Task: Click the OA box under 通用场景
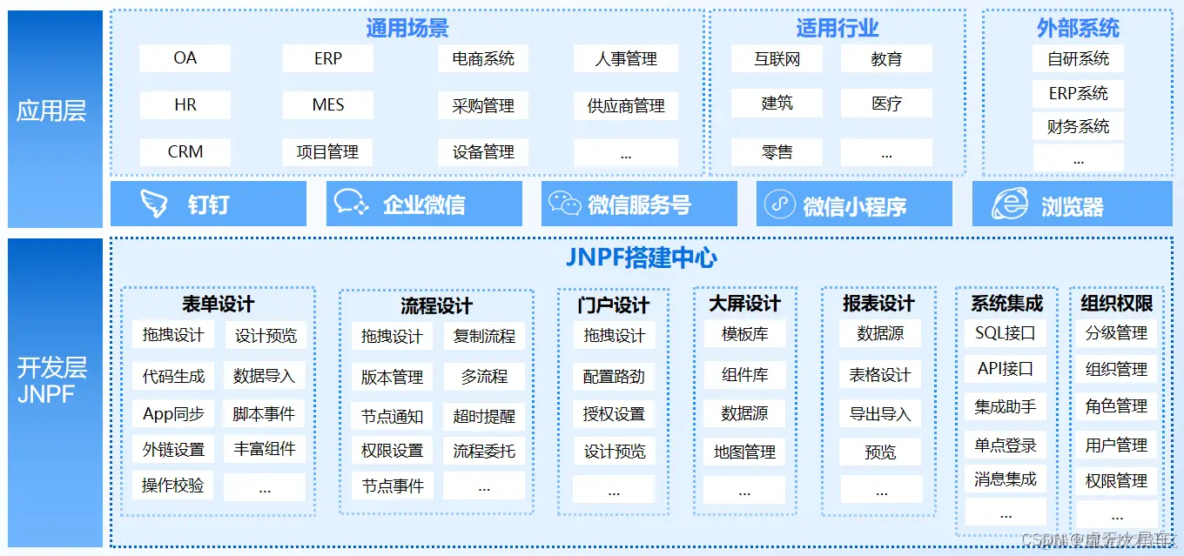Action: tap(185, 58)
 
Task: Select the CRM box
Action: tap(185, 151)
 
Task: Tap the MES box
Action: tap(327, 105)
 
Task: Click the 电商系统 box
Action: tap(483, 59)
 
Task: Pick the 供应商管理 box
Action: tap(625, 106)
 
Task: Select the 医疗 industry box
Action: tap(886, 104)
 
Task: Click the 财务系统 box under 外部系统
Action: tap(1078, 127)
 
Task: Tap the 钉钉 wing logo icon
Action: tap(154, 204)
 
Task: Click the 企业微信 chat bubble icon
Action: tap(352, 204)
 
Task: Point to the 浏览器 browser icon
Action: tap(1010, 204)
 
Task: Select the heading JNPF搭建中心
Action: tap(642, 258)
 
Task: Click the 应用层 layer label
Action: tap(51, 111)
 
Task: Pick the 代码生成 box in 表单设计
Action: tap(173, 376)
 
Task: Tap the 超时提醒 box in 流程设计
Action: tap(484, 416)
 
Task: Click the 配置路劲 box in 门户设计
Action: tap(614, 376)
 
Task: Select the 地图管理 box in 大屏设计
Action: tap(744, 452)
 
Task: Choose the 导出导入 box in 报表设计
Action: tap(879, 413)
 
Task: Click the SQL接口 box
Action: tap(1006, 332)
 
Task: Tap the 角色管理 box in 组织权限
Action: tap(1116, 406)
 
